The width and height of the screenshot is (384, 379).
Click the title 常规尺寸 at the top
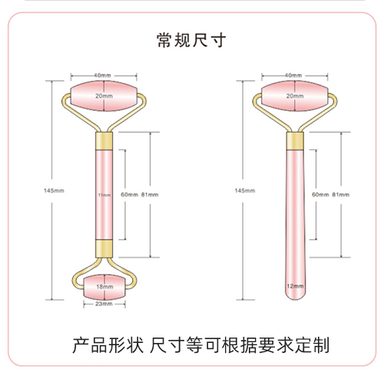tap(191, 40)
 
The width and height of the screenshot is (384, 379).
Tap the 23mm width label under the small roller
tap(104, 304)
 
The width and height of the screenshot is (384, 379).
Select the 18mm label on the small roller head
tap(104, 287)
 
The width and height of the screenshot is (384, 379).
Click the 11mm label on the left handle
tap(104, 195)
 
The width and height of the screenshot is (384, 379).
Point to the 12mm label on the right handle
tap(295, 286)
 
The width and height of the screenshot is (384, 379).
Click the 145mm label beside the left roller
tap(54, 190)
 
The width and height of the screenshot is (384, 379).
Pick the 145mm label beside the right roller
tap(245, 190)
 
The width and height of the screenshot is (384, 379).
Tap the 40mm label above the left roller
tap(102, 75)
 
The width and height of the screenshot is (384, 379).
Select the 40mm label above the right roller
tap(293, 75)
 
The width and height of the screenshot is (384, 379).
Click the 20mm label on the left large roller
tap(104, 96)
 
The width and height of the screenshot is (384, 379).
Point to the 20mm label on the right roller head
tap(295, 96)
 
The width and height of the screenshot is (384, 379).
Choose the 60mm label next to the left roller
tap(129, 195)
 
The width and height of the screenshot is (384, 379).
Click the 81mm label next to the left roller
tap(150, 195)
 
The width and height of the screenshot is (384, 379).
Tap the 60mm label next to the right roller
tap(320, 195)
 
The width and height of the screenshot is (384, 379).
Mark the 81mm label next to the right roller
tap(341, 195)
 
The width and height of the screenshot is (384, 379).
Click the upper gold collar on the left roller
tap(104, 141)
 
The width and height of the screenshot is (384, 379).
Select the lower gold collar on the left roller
tap(104, 249)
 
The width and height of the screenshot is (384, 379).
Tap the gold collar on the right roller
tap(295, 141)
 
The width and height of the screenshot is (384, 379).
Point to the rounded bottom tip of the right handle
tap(295, 299)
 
